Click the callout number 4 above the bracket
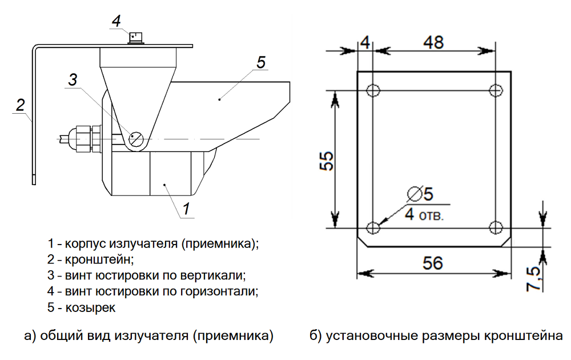point(116,21)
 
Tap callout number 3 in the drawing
point(73,80)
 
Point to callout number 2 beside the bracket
point(20,105)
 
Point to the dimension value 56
point(433,263)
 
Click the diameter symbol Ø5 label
point(421,194)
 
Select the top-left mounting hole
point(373,90)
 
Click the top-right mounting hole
point(496,90)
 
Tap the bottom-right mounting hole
point(496,228)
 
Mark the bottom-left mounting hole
point(373,228)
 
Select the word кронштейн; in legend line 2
point(100,259)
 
